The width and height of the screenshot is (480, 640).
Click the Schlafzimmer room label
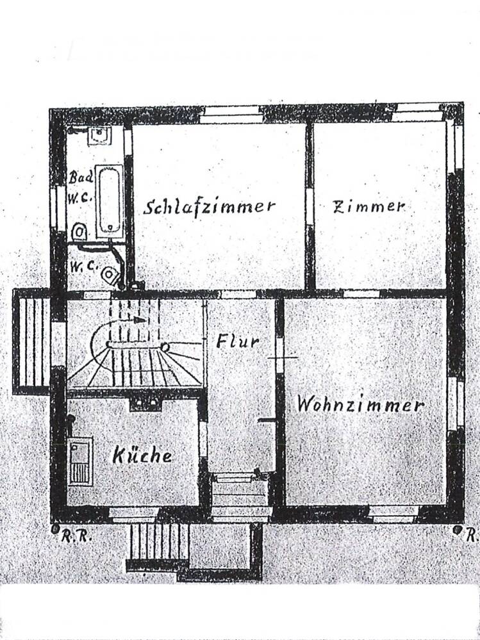click(210, 206)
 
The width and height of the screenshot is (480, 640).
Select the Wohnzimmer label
click(360, 405)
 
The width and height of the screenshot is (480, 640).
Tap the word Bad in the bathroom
click(81, 176)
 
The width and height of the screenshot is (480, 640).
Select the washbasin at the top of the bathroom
click(100, 135)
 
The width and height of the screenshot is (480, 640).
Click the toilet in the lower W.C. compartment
click(112, 275)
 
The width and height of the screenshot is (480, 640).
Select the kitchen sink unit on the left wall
click(80, 460)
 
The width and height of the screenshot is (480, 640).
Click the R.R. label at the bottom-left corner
click(77, 537)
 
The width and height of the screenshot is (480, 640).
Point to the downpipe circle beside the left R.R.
click(56, 530)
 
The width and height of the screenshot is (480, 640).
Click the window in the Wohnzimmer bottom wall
click(394, 513)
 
